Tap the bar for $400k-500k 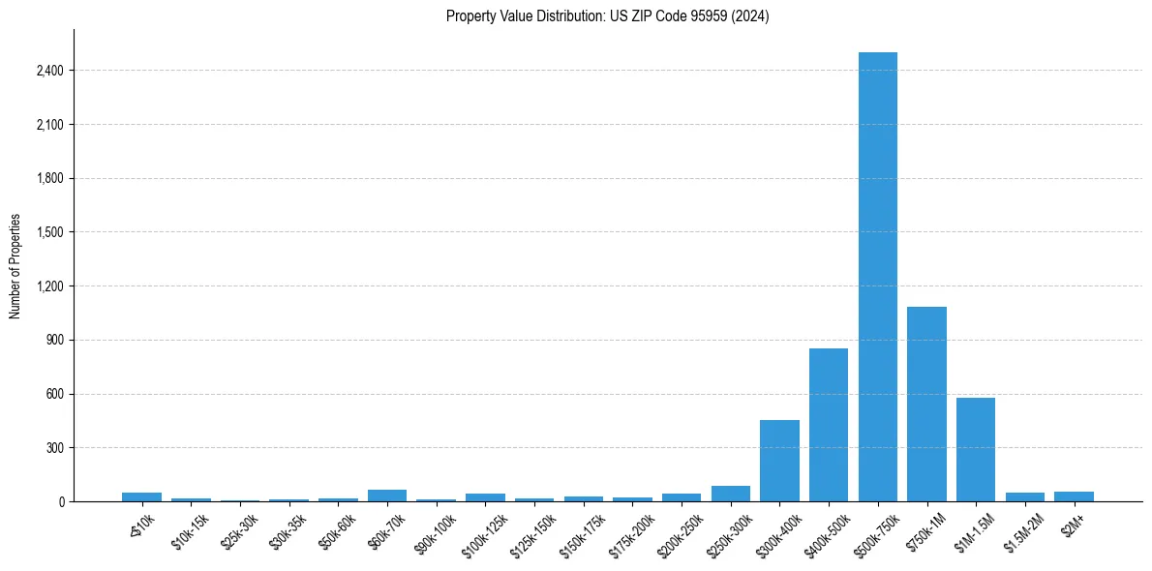click(829, 425)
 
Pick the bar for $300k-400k click(779, 461)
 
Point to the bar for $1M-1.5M click(976, 450)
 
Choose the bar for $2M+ click(1074, 496)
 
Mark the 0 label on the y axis click(59, 502)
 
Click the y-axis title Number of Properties click(15, 266)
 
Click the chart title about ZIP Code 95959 click(607, 15)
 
